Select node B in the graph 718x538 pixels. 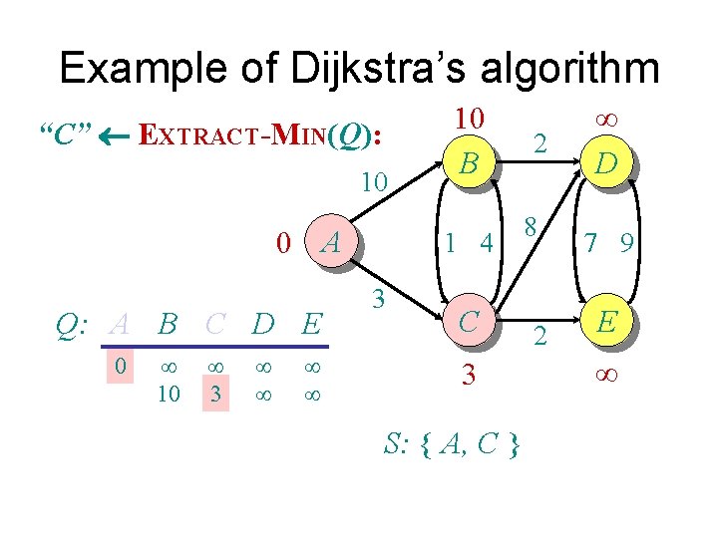pyautogui.click(x=468, y=159)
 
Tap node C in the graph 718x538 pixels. pyautogui.click(x=468, y=321)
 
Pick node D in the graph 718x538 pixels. pyautogui.click(x=605, y=159)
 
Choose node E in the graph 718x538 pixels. pyautogui.click(x=605, y=321)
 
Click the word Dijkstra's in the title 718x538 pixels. pyautogui.click(x=371, y=68)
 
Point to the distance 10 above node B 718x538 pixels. pyautogui.click(x=468, y=119)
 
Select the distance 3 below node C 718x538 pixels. pyautogui.click(x=468, y=376)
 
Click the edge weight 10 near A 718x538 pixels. pyautogui.click(x=374, y=182)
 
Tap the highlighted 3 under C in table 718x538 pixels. pyautogui.click(x=213, y=394)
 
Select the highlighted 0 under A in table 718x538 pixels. pyautogui.click(x=119, y=368)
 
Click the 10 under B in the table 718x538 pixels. pyautogui.click(x=169, y=394)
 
